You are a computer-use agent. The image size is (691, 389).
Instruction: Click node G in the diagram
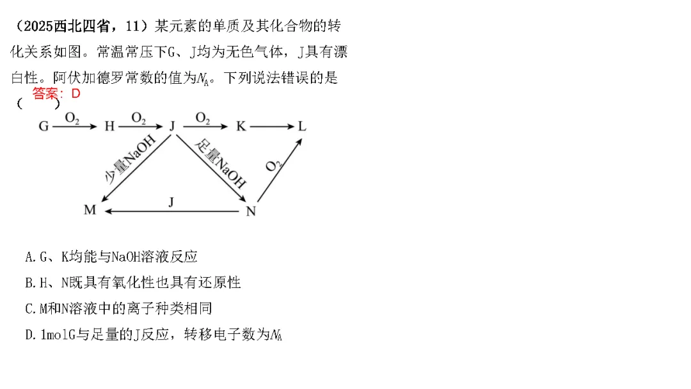tap(44, 126)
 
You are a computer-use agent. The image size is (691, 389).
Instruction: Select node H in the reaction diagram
tap(109, 126)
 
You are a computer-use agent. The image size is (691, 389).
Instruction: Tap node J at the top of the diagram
tap(172, 125)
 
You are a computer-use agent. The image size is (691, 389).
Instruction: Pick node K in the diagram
tap(241, 126)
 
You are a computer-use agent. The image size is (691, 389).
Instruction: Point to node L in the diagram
tap(302, 126)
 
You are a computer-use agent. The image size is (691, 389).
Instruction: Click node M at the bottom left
tap(90, 210)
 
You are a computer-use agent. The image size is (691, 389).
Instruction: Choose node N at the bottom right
tap(251, 210)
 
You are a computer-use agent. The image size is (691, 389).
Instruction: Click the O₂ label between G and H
tap(72, 118)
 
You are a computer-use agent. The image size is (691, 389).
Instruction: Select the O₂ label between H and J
tap(139, 118)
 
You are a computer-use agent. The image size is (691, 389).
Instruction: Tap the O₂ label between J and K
tap(203, 118)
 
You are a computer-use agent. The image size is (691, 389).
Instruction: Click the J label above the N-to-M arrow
tap(171, 202)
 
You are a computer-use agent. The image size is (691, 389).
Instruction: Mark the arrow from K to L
tap(271, 126)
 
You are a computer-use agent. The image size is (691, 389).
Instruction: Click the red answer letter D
tap(75, 93)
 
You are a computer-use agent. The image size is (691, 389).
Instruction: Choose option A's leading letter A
tap(29, 257)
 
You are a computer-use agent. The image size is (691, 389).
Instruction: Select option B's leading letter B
tap(29, 282)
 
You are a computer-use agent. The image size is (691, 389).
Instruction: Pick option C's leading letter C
tap(29, 308)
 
